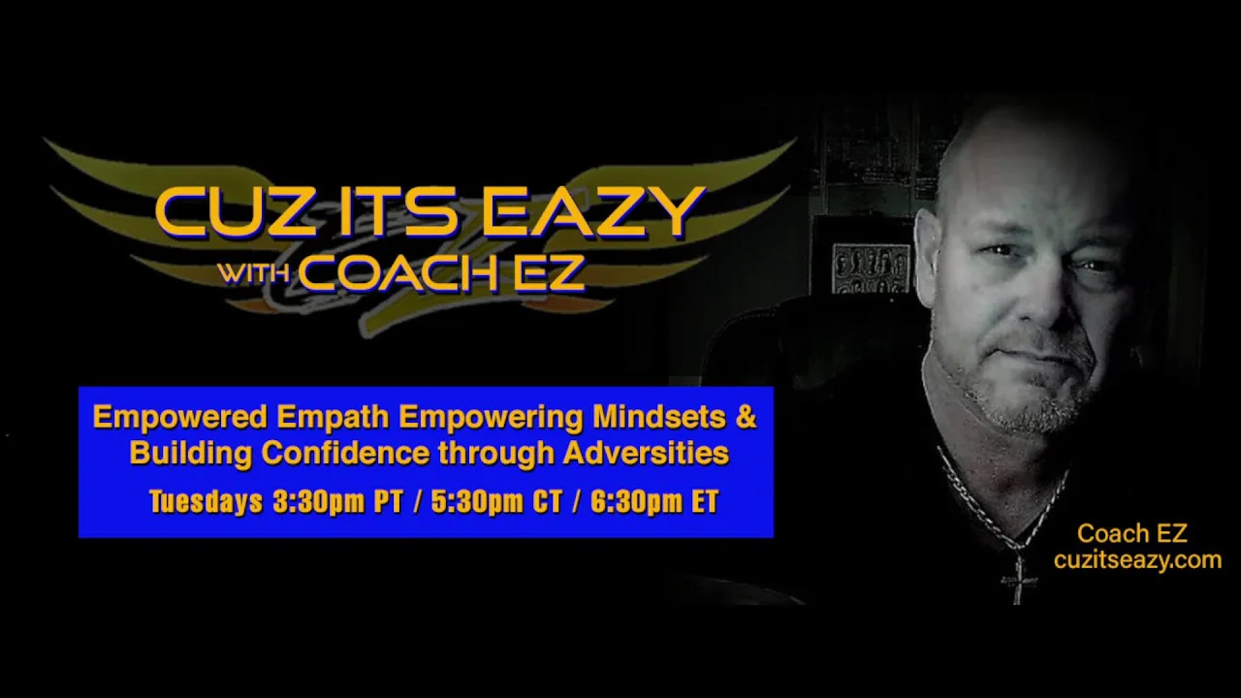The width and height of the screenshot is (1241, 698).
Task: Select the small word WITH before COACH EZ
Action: (x=253, y=272)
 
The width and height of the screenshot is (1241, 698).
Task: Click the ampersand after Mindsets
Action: (x=746, y=416)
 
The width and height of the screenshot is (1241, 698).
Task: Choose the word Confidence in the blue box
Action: (x=346, y=453)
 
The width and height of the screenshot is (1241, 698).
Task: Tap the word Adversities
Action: (x=646, y=453)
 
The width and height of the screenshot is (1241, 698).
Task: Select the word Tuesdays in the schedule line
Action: (x=207, y=501)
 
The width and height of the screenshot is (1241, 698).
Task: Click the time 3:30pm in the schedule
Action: (x=319, y=502)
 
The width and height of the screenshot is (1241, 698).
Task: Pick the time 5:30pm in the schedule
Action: (x=477, y=502)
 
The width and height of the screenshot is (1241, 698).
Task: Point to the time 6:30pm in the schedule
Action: (x=637, y=502)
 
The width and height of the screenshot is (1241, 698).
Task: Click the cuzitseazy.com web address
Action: (x=1138, y=559)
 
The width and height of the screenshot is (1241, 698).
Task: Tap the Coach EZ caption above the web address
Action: (x=1132, y=533)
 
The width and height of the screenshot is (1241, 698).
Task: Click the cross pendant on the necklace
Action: (x=1018, y=579)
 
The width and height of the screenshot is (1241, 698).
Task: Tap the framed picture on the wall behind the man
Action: (x=871, y=269)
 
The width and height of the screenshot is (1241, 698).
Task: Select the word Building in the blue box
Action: (x=191, y=453)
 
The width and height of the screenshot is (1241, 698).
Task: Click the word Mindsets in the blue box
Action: (x=659, y=417)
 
